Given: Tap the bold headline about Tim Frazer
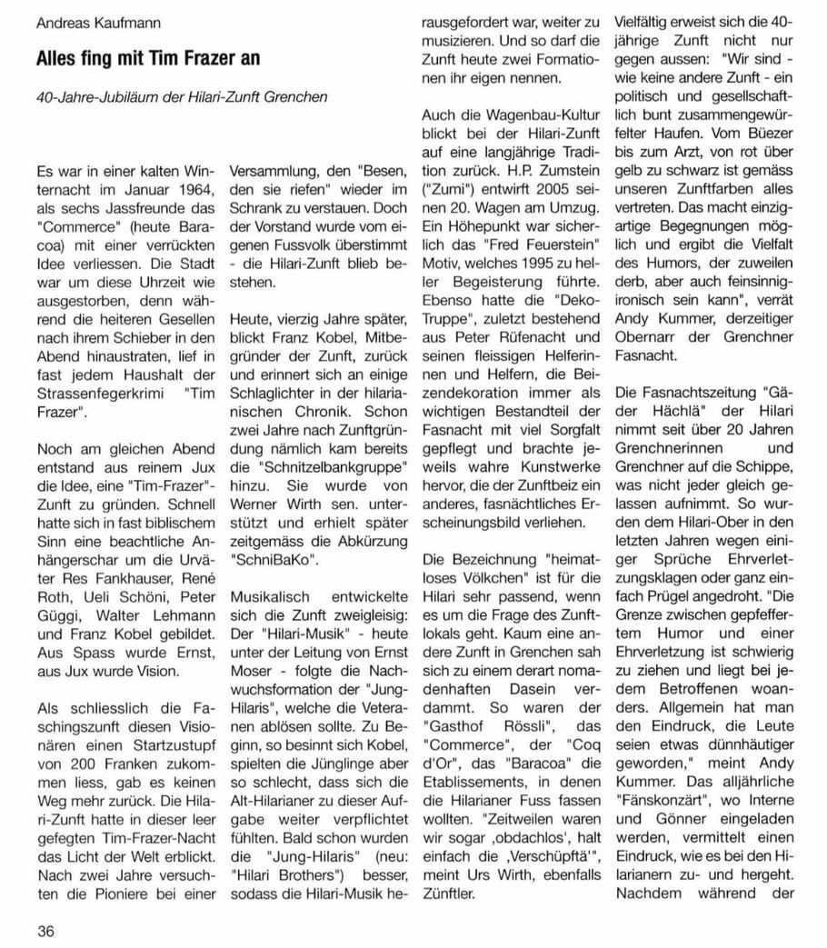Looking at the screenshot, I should click(148, 58).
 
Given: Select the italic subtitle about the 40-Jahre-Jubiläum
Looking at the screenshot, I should click(183, 96).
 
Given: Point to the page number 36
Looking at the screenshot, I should click(46, 930).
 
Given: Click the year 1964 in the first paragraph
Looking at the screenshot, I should click(197, 187).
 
